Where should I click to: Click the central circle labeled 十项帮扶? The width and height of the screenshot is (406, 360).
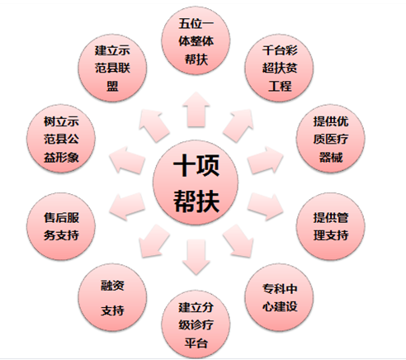coord(196,182)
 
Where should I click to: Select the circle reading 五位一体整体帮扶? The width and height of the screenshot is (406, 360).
coord(196,40)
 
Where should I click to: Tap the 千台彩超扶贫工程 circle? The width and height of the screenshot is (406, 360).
coord(279,68)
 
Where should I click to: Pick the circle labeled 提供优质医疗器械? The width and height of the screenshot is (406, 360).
coord(331,139)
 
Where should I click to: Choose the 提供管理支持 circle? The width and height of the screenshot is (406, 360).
coord(331,226)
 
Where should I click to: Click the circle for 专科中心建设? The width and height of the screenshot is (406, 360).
coord(279,297)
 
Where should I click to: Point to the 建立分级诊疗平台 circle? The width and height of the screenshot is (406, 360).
coord(196,324)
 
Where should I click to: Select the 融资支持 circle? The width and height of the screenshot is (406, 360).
coord(112,297)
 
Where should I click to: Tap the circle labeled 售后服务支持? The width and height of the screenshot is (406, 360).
coord(61,226)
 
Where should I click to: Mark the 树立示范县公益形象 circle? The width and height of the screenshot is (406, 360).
coord(61,139)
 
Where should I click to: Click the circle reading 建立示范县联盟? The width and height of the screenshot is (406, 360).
coord(112,68)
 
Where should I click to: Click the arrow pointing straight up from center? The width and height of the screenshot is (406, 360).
coord(196,110)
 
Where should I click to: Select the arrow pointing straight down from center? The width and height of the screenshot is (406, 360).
coord(196,257)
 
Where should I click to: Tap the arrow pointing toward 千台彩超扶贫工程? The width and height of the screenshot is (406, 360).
coord(238,126)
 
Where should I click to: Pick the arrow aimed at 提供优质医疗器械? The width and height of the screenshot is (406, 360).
coord(266,160)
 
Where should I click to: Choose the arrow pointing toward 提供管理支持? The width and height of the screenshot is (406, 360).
coord(266,206)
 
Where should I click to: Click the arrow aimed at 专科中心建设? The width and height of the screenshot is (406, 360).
coord(238,241)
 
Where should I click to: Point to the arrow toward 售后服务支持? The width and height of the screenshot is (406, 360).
coord(127,206)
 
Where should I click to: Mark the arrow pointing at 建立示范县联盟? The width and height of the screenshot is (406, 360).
coord(154,126)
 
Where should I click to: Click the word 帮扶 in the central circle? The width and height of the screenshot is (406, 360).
coord(196,201)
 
